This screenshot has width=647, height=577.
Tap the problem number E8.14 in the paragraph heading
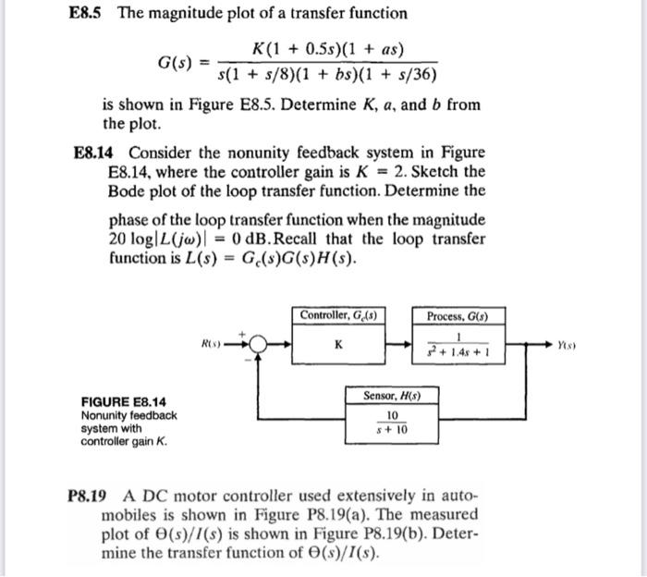(96, 153)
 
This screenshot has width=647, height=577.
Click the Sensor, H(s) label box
(387, 396)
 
